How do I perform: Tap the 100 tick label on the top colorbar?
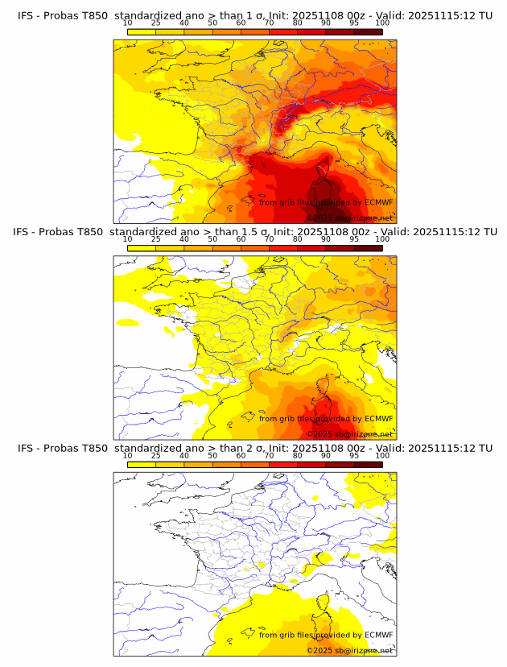(x=382, y=23)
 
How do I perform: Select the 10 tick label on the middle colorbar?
(x=128, y=239)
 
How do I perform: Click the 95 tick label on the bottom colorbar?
(x=354, y=455)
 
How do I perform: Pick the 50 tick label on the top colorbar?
(x=212, y=23)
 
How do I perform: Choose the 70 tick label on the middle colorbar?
(x=269, y=239)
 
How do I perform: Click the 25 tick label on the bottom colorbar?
(x=156, y=455)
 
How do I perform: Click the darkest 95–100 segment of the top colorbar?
(x=368, y=31)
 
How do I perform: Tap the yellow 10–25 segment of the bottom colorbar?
(x=142, y=464)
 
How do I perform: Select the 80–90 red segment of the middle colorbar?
(x=311, y=248)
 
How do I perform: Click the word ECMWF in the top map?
(x=378, y=202)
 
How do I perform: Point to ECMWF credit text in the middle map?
(x=378, y=418)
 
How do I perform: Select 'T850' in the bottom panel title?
(x=93, y=448)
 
